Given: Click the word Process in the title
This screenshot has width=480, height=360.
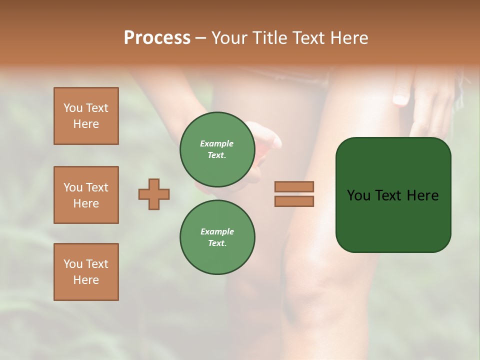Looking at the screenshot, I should click(x=157, y=38).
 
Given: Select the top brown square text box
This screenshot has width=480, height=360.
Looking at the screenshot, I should click(x=86, y=116).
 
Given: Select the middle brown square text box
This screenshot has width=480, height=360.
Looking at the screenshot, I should click(x=86, y=195).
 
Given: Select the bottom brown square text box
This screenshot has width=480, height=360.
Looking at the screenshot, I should click(x=86, y=272).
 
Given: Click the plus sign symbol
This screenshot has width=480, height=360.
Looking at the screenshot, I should click(x=154, y=194).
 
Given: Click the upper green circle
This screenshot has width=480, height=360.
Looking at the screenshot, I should click(x=217, y=149).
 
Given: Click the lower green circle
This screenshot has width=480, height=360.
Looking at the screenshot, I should click(x=217, y=237).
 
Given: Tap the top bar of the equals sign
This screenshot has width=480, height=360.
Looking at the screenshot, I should click(x=294, y=186).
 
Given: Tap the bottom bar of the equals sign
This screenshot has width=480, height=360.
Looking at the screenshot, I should click(x=294, y=201).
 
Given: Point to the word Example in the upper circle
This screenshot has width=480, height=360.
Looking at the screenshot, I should click(x=217, y=143).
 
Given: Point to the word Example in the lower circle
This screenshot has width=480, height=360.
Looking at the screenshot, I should click(x=217, y=231).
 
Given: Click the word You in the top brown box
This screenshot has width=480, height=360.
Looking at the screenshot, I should click(x=73, y=108).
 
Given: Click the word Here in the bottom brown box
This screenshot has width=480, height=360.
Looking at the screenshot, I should click(x=86, y=280).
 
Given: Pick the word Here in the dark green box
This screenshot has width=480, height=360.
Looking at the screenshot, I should click(x=423, y=195).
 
